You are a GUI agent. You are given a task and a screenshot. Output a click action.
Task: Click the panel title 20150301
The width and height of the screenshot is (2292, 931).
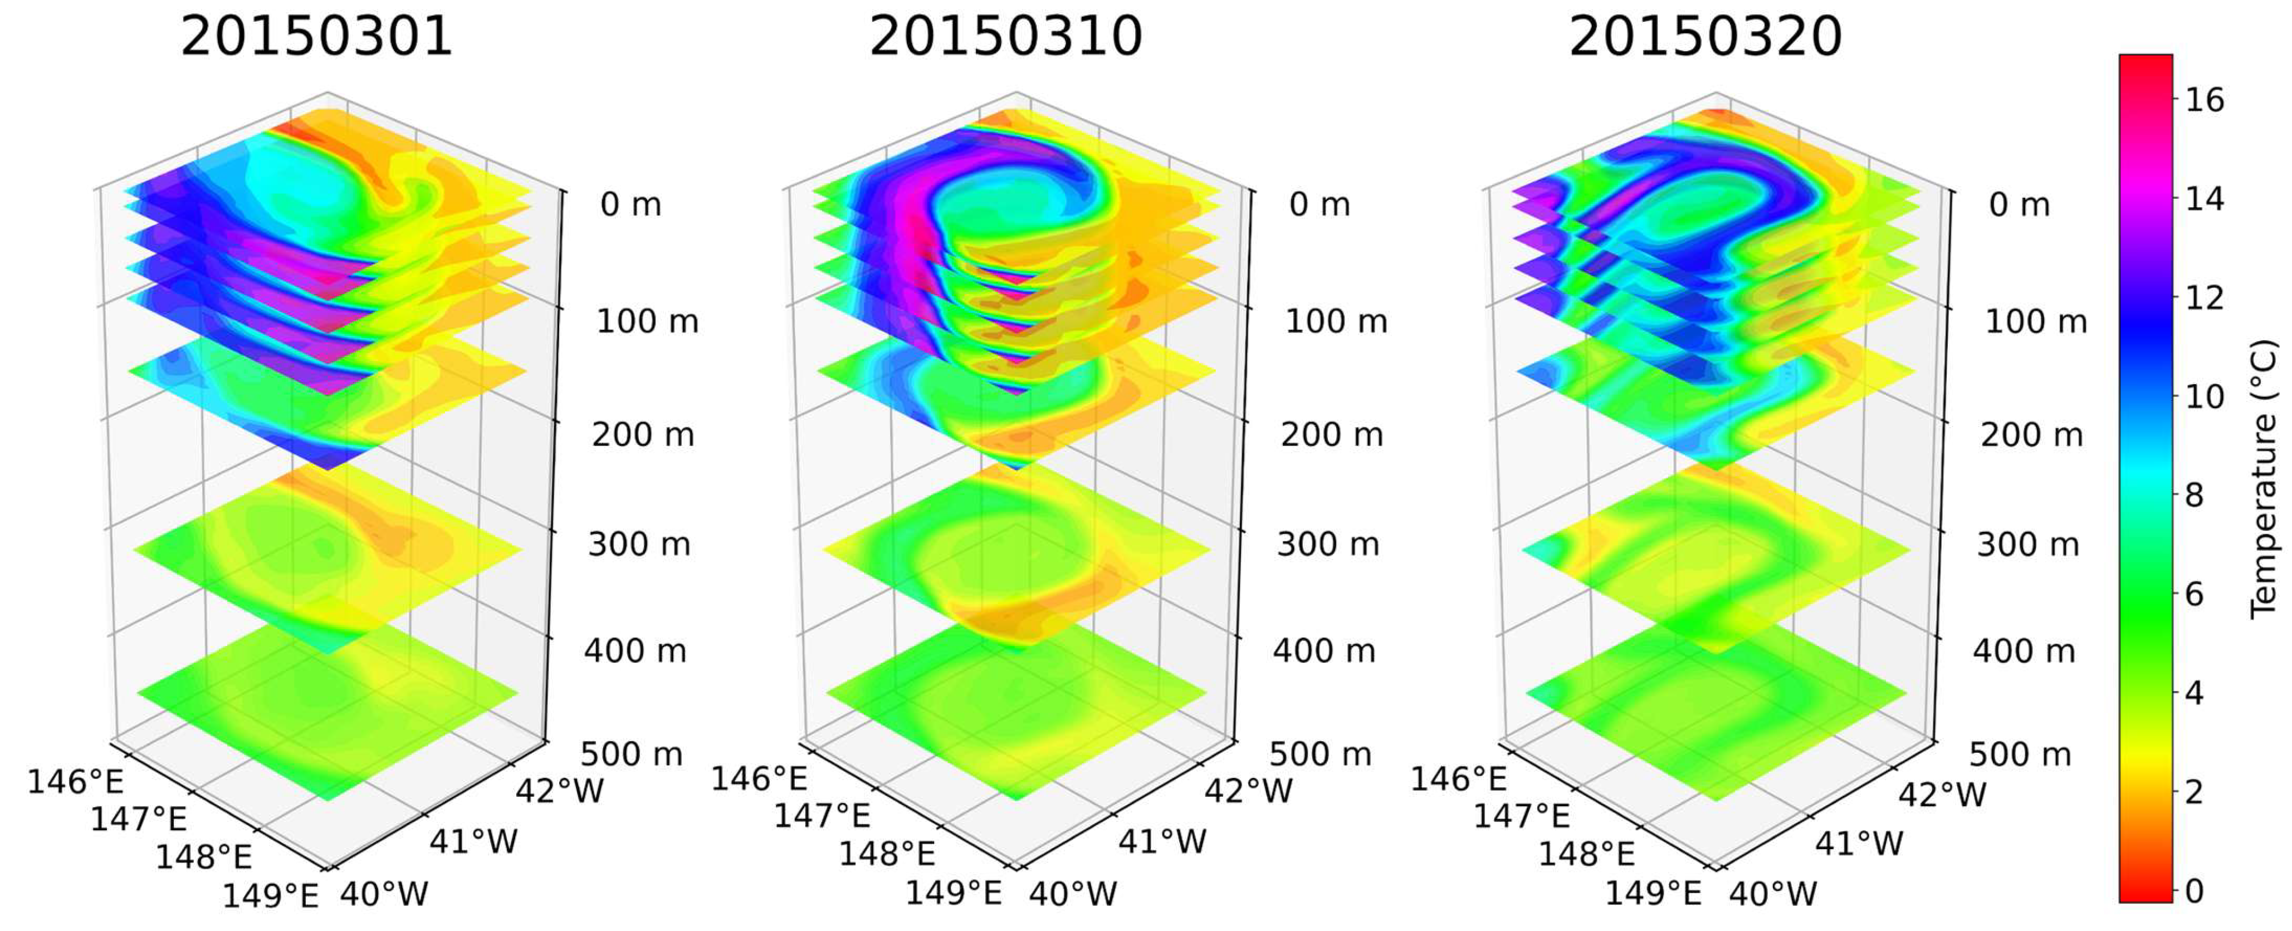point(317,38)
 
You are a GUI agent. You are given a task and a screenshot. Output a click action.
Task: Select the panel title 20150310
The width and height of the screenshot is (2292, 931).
point(1005,38)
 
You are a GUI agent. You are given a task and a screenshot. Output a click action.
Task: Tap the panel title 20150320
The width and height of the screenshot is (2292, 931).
point(1705,38)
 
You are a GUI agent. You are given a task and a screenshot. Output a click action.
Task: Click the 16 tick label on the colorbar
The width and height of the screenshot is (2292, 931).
point(2204,100)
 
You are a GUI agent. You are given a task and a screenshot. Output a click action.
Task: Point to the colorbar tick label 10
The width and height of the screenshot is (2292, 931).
point(2204,396)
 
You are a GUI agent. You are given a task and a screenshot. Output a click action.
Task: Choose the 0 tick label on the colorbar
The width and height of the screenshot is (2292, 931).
point(2194,890)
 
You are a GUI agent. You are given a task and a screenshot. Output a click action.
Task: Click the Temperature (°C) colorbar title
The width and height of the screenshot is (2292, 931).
point(2264,479)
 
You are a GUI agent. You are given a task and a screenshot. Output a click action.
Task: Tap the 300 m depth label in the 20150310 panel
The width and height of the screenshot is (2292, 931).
point(1327,543)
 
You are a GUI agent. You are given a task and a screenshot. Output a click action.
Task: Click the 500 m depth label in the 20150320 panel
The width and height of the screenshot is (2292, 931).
point(2020,754)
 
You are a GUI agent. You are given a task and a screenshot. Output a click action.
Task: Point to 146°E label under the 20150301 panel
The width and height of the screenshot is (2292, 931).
point(76,782)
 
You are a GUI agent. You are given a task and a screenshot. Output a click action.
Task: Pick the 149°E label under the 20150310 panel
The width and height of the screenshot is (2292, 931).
point(954,892)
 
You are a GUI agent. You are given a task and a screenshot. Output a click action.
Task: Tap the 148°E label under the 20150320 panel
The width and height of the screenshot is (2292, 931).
point(1586,854)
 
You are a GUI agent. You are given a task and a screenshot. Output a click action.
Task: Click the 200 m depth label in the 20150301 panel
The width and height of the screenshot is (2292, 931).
point(642,435)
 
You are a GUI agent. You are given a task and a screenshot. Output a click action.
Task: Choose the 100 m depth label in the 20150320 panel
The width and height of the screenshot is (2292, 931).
point(2036,321)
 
